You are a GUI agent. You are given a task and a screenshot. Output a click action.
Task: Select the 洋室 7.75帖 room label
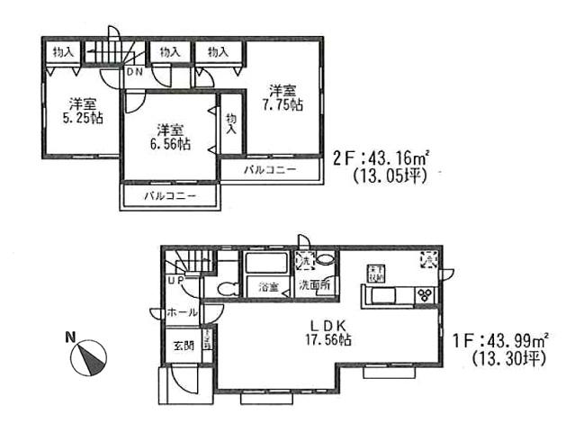pyautogui.click(x=283, y=97)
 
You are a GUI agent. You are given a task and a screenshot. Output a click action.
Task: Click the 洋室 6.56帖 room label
pyautogui.click(x=169, y=136)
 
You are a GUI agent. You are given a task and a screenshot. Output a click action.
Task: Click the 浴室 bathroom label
pyautogui.click(x=268, y=288)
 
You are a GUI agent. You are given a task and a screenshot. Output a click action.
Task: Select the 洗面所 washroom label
pyautogui.click(x=314, y=288)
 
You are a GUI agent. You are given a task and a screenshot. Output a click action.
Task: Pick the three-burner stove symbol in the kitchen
pyautogui.click(x=424, y=294)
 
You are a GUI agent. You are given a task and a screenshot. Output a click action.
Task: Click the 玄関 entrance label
pyautogui.click(x=183, y=346)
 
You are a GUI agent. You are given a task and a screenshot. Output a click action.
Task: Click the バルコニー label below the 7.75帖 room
pyautogui.click(x=269, y=169)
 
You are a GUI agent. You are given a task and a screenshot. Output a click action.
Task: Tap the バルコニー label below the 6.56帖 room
pyautogui.click(x=169, y=195)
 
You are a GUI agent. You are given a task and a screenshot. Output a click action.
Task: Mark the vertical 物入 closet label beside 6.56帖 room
pyautogui.click(x=231, y=123)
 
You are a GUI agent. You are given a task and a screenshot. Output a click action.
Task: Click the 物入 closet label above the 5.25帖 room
pyautogui.click(x=63, y=52)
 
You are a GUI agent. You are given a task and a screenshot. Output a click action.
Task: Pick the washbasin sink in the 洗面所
pyautogui.click(x=326, y=259)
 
